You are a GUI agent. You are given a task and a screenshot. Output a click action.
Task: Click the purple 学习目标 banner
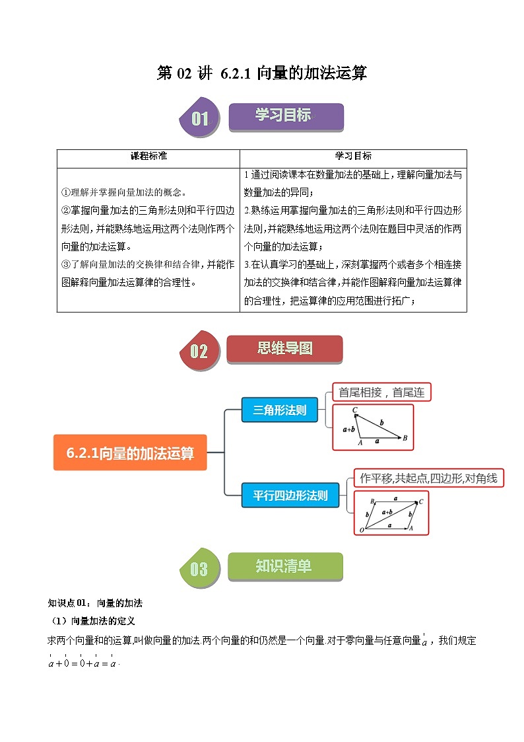(x=286, y=116)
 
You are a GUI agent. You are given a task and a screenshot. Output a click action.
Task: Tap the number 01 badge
(x=199, y=119)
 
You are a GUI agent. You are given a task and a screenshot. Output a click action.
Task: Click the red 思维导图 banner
(x=284, y=349)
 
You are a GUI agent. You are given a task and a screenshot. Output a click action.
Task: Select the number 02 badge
(x=199, y=352)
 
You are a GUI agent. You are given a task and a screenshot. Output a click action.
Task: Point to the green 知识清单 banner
(x=284, y=566)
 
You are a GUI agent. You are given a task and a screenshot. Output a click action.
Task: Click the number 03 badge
(x=199, y=569)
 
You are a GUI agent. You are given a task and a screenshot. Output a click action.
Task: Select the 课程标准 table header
(x=148, y=157)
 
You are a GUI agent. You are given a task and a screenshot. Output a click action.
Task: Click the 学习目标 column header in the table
(x=353, y=157)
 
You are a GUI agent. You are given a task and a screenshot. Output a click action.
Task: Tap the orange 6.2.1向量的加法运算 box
(x=130, y=453)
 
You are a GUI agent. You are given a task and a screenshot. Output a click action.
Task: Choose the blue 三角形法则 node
(x=279, y=410)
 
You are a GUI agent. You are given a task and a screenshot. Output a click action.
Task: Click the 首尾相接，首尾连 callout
(x=381, y=392)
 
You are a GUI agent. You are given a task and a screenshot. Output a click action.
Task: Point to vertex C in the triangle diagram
(x=355, y=410)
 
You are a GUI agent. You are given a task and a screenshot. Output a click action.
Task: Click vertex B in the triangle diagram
(x=405, y=437)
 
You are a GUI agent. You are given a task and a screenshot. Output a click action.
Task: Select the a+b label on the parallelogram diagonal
(x=388, y=511)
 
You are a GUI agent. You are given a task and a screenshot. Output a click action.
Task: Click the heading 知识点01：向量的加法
(x=95, y=603)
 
